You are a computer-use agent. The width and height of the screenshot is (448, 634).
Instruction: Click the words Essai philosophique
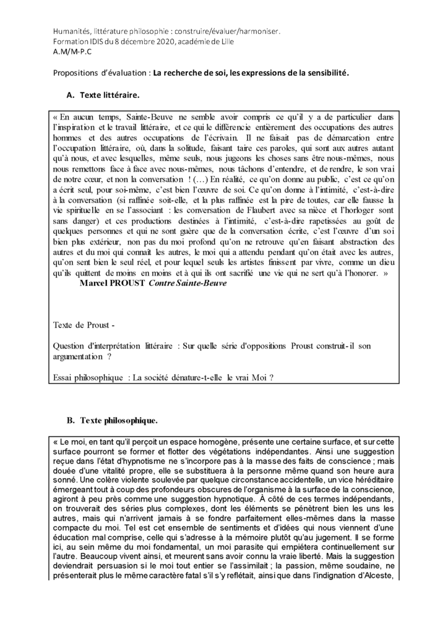tap(87, 377)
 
